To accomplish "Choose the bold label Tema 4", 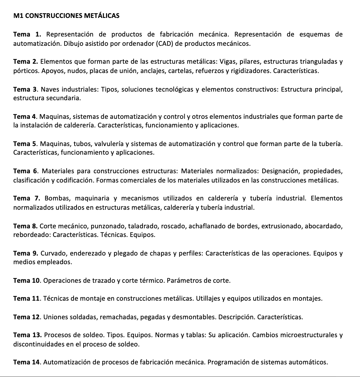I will point(25,117).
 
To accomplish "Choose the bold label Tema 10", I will point(27,281).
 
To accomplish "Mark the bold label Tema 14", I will point(27,362).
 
